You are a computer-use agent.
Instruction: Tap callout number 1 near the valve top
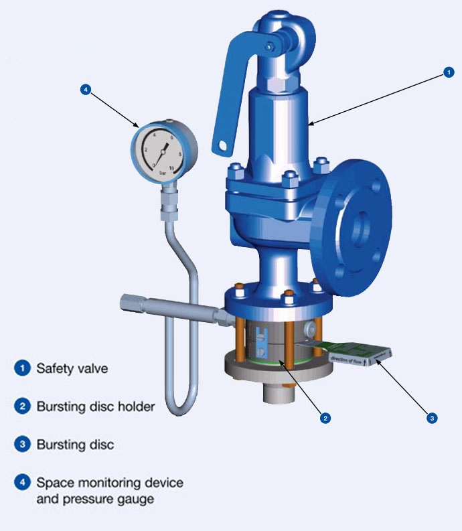tap(449, 73)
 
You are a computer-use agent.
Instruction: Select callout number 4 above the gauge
tap(84, 89)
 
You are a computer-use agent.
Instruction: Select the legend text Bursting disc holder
tap(95, 406)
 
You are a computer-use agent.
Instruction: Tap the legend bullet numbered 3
tap(23, 444)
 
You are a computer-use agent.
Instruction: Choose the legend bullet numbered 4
tap(23, 482)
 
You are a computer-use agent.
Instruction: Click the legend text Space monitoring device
tap(109, 482)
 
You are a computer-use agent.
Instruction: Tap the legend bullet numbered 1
tap(23, 368)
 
